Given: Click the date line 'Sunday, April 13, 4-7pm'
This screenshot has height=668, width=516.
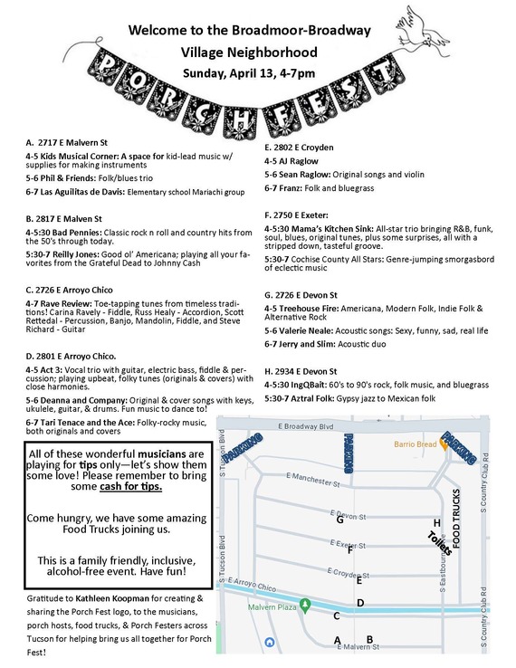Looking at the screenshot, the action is [249, 72].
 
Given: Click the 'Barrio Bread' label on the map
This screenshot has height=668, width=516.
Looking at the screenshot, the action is [416, 444].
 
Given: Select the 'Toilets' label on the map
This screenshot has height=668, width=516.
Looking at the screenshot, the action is [440, 542].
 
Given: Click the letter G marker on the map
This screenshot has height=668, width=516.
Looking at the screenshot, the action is [339, 520].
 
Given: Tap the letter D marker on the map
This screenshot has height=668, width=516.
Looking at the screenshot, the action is [360, 603].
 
